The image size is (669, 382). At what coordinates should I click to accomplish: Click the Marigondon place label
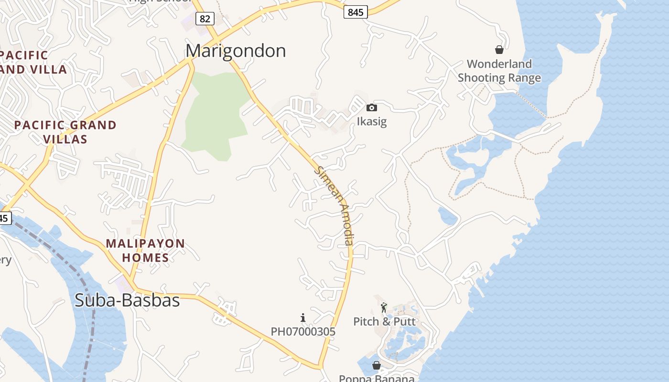[x=236, y=51]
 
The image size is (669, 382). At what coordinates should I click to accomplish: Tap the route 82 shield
[x=205, y=19]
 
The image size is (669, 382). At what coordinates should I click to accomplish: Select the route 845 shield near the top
[x=356, y=12]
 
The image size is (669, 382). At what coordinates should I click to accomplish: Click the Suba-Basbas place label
[x=127, y=300]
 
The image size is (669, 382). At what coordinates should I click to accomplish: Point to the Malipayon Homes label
[x=145, y=251]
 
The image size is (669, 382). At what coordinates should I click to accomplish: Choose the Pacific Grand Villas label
[x=65, y=132]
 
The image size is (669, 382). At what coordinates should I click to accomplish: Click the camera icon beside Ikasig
[x=371, y=108]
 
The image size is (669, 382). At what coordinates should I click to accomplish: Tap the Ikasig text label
[x=371, y=121]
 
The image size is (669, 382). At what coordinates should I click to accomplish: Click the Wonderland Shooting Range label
[x=499, y=71]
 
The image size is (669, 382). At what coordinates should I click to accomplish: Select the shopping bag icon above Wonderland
[x=499, y=50]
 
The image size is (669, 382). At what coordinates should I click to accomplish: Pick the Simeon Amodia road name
[x=335, y=205]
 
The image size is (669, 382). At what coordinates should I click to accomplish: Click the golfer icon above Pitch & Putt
[x=384, y=308]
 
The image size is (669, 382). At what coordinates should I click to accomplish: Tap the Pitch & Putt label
[x=384, y=321]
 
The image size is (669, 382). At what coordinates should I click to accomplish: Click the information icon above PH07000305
[x=302, y=318]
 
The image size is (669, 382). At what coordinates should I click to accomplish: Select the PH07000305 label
[x=303, y=331]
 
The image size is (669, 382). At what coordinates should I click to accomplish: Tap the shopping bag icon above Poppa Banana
[x=377, y=365]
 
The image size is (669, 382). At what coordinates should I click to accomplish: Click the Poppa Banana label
[x=377, y=378]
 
